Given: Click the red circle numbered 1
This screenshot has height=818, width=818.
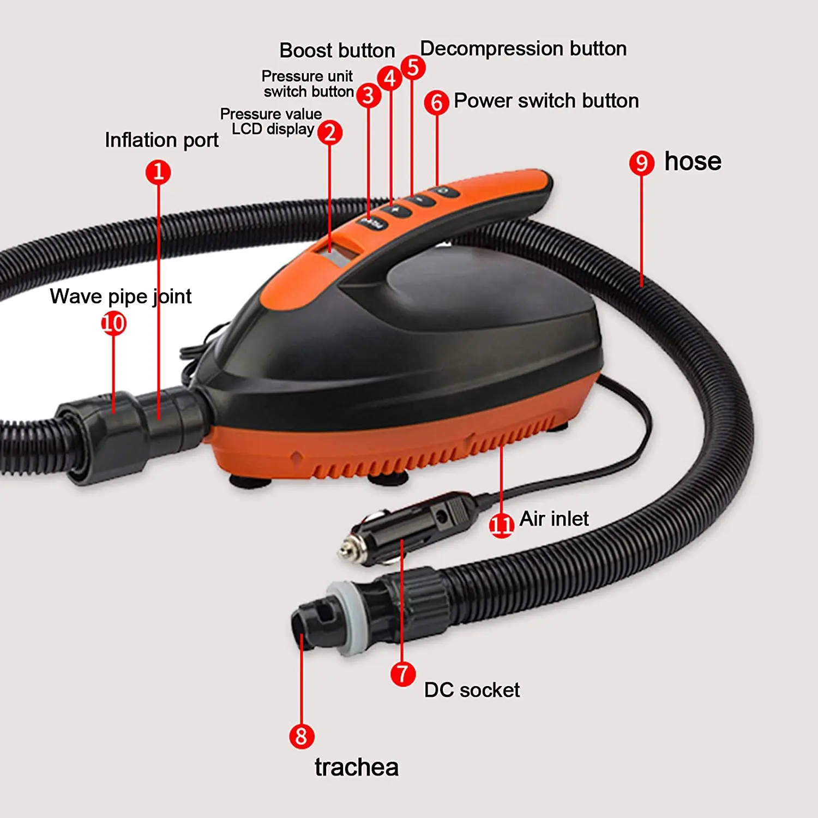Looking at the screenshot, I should click(x=158, y=172).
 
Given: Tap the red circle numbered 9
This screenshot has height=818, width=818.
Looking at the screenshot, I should click(x=641, y=163).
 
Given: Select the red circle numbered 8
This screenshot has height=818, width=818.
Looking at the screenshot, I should click(x=302, y=736).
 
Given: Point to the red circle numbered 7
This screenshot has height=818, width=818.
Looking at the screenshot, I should click(x=403, y=674).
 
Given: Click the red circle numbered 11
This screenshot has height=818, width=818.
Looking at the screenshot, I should click(x=501, y=525).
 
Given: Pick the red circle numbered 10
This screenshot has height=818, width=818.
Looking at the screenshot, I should click(x=113, y=323).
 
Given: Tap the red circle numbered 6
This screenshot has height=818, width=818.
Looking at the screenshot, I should click(x=436, y=102).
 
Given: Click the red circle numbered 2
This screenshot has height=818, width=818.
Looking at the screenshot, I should click(x=330, y=133).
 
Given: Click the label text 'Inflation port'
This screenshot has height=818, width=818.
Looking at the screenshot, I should click(x=161, y=140).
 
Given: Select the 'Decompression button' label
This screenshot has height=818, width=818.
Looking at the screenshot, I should click(x=523, y=49).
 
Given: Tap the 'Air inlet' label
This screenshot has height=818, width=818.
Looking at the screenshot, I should click(x=554, y=519).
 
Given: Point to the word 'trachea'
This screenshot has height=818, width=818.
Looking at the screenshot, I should click(x=356, y=767).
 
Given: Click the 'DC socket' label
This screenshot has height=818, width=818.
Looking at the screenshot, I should click(x=472, y=690).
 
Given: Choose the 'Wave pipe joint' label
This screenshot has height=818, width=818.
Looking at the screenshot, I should click(x=121, y=296).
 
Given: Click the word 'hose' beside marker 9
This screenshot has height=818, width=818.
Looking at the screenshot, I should click(x=693, y=161).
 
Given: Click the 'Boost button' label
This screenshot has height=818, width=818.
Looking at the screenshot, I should click(x=337, y=51).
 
